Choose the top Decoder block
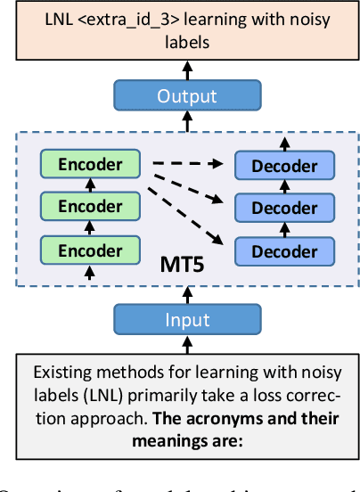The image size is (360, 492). tap(284, 166)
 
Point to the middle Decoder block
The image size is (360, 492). tap(284, 208)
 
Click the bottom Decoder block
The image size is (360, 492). tap(284, 250)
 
